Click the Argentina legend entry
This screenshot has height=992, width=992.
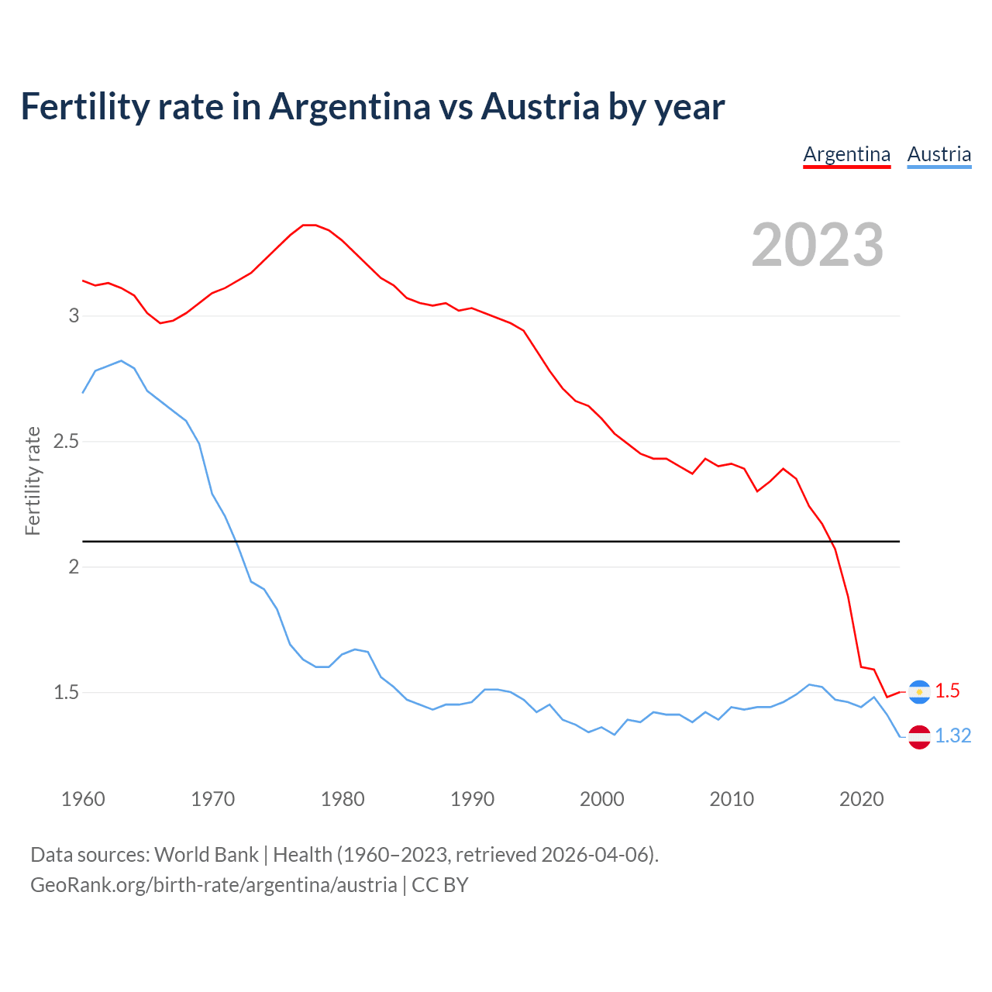coord(846,154)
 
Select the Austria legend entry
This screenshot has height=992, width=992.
coord(939,154)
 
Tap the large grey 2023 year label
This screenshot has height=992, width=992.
coord(818,245)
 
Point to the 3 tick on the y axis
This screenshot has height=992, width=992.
coord(74,315)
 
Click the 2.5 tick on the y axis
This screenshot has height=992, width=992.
coord(67,441)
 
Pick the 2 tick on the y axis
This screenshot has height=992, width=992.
coord(74,567)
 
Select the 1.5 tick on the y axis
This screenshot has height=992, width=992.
coord(67,692)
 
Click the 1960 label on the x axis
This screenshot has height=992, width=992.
coord(83,799)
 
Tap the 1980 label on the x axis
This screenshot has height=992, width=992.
coord(343,799)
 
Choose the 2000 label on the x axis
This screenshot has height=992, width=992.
coord(601,799)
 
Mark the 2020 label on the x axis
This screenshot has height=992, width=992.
coord(861,799)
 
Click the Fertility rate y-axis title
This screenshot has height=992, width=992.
coord(33,480)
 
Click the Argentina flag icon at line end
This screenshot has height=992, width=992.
coord(919,691)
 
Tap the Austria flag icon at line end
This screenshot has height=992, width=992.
coord(919,736)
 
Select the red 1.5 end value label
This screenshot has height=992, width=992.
coord(947,691)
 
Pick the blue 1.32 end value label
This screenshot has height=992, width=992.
coord(952,736)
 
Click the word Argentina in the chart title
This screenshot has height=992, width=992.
coord(350,106)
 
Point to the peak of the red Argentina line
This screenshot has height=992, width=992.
coord(308,225)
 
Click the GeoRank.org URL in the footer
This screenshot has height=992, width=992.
coord(213,885)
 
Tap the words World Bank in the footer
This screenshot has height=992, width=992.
coord(206,855)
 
